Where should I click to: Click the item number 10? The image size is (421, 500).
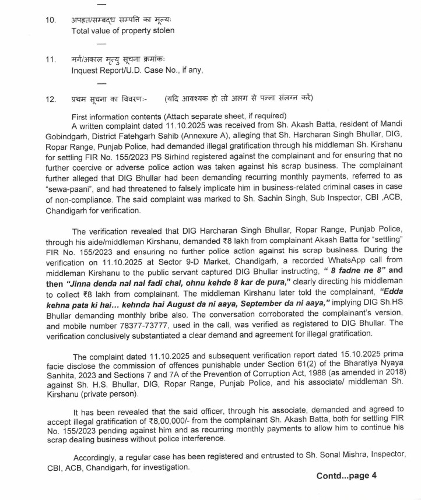[x=51, y=20]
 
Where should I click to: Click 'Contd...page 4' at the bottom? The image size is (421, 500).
[x=346, y=476]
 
